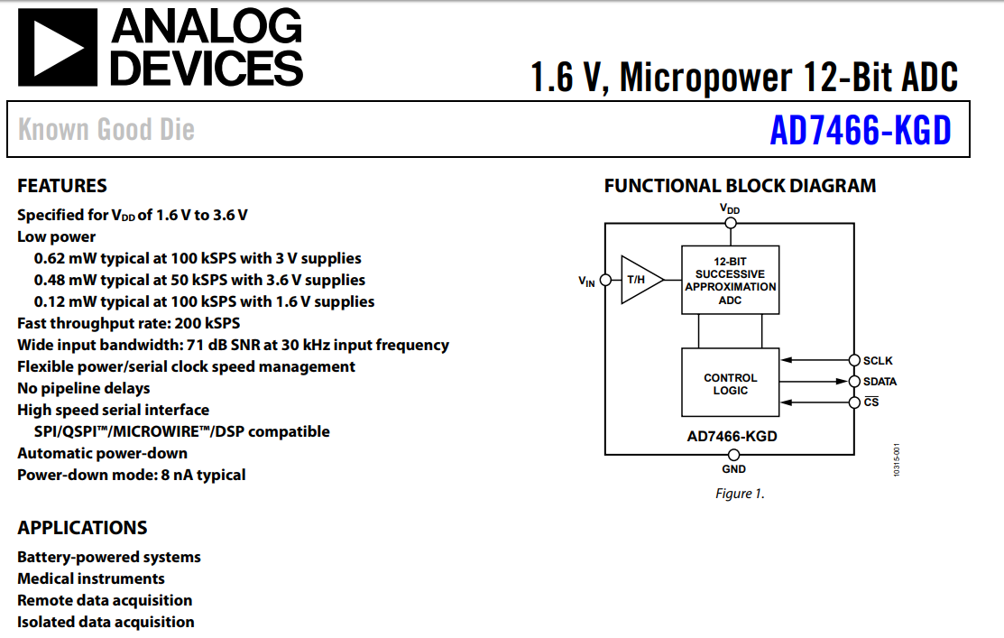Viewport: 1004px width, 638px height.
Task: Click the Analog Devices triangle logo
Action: click(x=58, y=48)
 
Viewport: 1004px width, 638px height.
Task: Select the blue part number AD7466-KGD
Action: click(x=860, y=131)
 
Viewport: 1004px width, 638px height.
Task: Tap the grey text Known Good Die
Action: click(x=106, y=130)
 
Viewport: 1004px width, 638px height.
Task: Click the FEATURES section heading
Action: click(x=62, y=186)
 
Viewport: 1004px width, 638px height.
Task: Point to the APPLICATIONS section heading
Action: click(x=82, y=528)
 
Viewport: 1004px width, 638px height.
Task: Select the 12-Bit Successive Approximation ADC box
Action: click(x=730, y=280)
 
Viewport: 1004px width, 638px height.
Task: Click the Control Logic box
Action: click(x=730, y=384)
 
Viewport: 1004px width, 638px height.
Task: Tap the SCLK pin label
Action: click(x=878, y=361)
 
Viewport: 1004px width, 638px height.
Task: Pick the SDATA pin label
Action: click(x=880, y=382)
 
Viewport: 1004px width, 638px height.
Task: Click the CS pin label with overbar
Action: click(x=870, y=402)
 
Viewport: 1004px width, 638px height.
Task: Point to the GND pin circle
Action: click(x=733, y=454)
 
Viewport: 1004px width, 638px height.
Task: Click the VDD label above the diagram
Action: click(x=730, y=208)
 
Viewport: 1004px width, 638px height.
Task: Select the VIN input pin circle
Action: click(x=604, y=281)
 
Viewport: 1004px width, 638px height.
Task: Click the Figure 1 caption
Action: click(x=740, y=494)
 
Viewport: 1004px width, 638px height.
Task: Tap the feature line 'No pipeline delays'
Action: click(x=84, y=388)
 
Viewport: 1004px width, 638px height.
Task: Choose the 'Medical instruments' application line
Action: click(x=91, y=578)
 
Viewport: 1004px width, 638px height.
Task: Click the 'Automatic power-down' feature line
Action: click(x=103, y=453)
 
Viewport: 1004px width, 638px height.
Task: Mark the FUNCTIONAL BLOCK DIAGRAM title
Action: click(x=740, y=186)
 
